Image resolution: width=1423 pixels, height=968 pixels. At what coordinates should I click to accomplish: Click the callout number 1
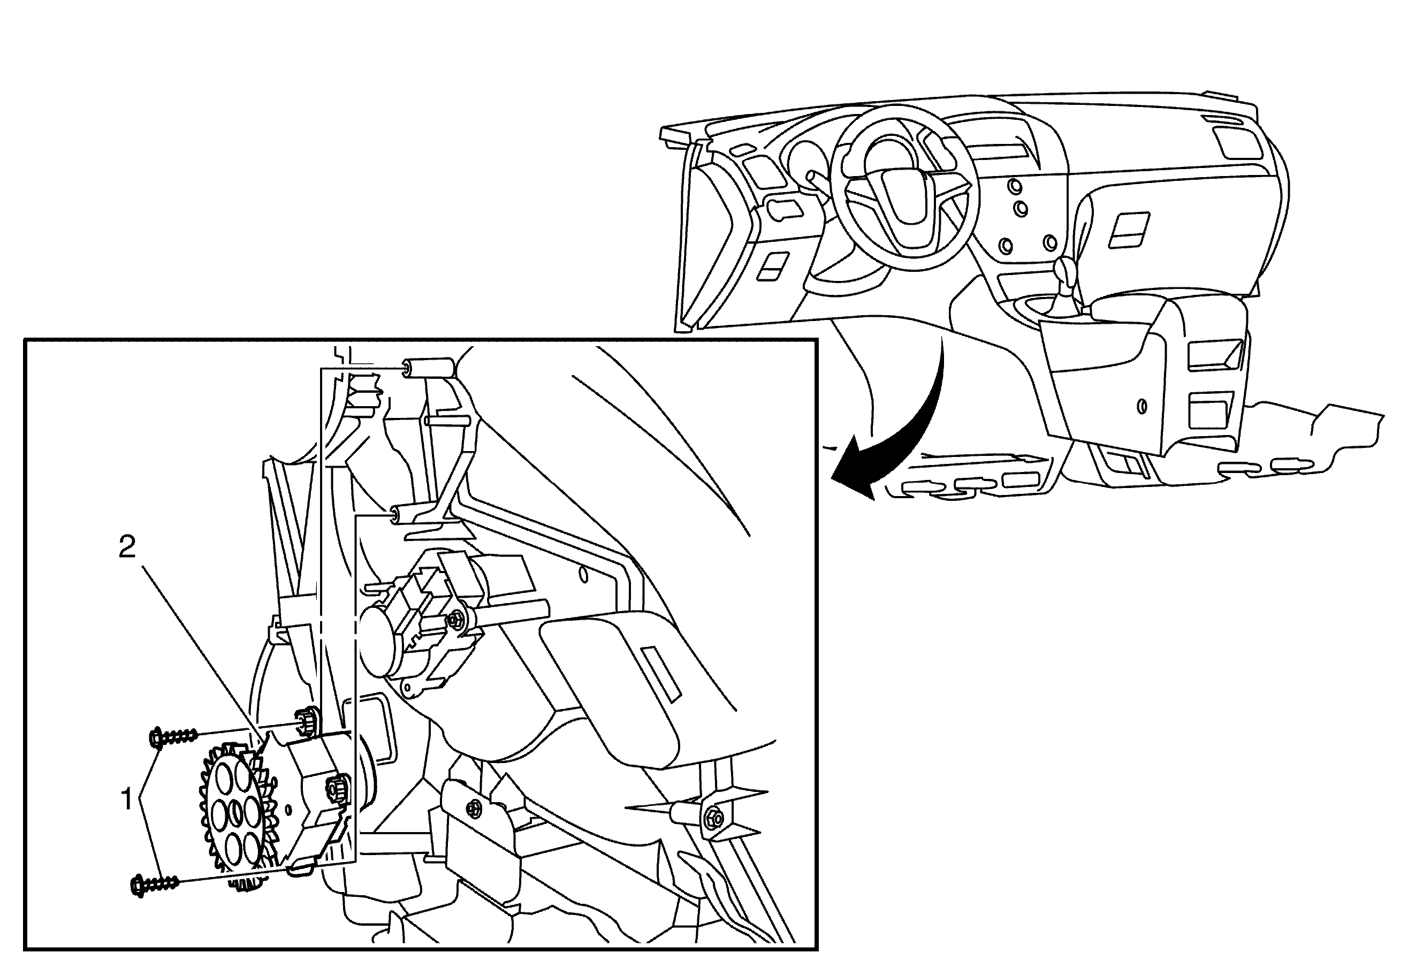(127, 799)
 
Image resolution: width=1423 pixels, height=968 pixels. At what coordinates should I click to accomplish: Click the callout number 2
(127, 547)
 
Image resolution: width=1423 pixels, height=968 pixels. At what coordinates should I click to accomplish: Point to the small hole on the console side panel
(1142, 406)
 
